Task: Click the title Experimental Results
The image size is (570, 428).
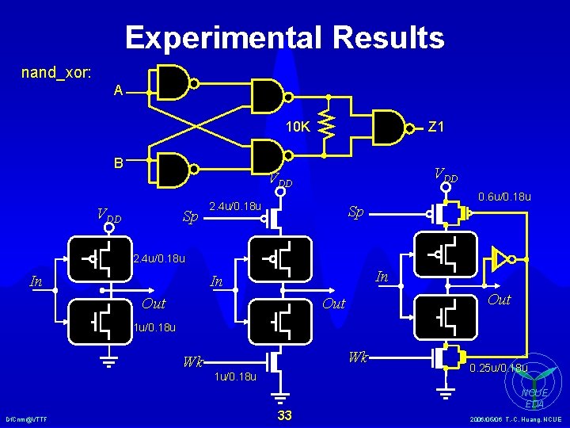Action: [284, 37]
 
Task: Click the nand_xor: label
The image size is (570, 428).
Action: [56, 73]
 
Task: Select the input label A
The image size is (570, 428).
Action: [118, 91]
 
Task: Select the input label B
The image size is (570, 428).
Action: [117, 164]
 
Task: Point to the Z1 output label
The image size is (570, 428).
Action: [436, 126]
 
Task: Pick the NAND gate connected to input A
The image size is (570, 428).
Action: [175, 81]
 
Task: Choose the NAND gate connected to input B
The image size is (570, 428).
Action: [175, 168]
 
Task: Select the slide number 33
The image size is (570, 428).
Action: [285, 415]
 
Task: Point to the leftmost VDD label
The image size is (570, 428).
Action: [108, 214]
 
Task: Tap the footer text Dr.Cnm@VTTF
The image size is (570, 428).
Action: [26, 418]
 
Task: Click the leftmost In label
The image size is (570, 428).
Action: [36, 280]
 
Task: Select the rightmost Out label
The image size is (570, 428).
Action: [499, 300]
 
